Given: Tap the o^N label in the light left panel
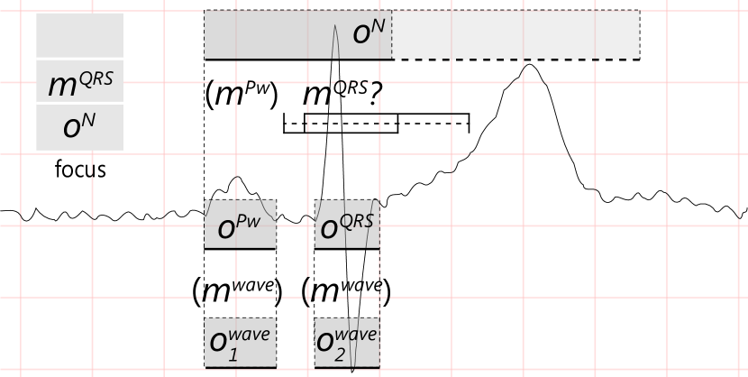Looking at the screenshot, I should point(79,126).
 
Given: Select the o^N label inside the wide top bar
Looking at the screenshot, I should point(369,33).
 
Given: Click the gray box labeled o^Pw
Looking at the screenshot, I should point(240,224).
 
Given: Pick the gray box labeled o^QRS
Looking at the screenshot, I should point(347,224).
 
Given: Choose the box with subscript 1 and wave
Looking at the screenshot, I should point(240,343).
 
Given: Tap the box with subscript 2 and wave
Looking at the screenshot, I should point(347,343).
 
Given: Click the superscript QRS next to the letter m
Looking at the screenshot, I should point(96,78).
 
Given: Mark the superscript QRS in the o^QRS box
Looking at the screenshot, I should point(359,217).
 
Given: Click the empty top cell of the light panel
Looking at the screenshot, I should point(79,35).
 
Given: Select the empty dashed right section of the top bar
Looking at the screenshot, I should point(515,35).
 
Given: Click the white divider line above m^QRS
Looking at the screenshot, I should point(82,59).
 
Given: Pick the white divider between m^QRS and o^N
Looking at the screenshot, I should point(82,103).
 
